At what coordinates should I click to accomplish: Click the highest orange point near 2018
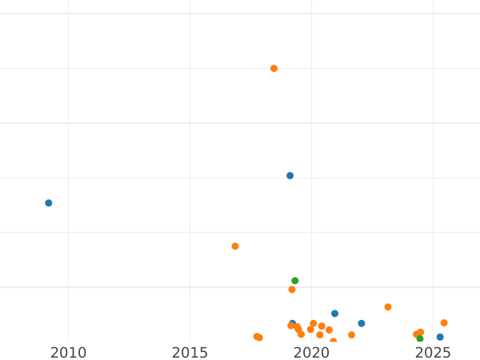[x=274, y=69]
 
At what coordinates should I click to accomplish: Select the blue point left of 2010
[x=49, y=203]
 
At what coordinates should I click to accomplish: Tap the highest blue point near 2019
[x=290, y=176]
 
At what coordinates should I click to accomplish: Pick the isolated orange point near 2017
[x=235, y=246]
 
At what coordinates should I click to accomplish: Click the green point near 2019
[x=295, y=281]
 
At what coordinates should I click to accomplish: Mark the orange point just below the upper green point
[x=292, y=290]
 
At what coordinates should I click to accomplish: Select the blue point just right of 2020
[x=335, y=314]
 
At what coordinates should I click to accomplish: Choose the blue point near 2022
[x=362, y=323]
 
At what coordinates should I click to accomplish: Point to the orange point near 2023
[x=388, y=307]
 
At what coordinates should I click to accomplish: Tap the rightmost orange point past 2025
[x=444, y=323]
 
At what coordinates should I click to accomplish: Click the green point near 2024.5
[x=420, y=338]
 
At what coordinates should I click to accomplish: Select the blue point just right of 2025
[x=440, y=338]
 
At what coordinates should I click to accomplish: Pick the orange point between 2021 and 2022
[x=351, y=335]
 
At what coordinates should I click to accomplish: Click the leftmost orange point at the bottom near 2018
[x=257, y=337]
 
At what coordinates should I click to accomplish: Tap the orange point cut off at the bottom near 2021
[x=334, y=342]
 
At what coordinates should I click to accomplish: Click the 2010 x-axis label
[x=68, y=353]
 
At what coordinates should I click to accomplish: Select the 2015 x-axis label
[x=190, y=353]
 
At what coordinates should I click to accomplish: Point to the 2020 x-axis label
[x=311, y=353]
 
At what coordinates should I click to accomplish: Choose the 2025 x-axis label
[x=433, y=353]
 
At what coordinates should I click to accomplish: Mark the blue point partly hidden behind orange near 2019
[x=293, y=323]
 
